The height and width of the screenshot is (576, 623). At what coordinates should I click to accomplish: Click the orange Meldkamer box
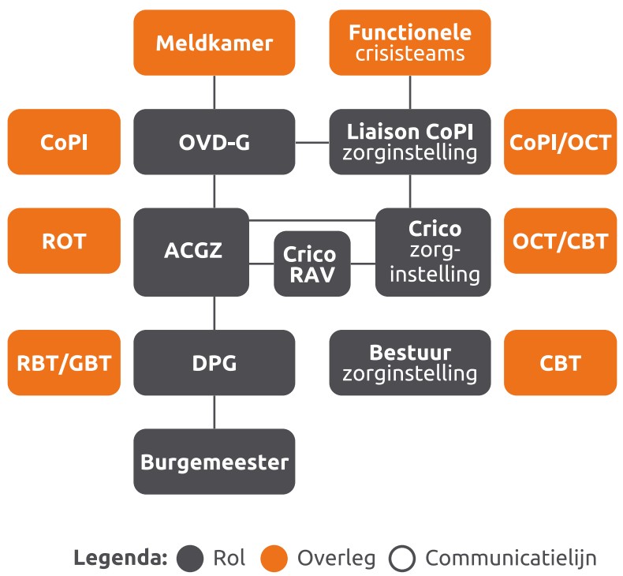[214, 42]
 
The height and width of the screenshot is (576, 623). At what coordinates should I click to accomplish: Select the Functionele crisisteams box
[409, 42]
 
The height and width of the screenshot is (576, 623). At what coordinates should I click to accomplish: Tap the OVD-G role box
[214, 142]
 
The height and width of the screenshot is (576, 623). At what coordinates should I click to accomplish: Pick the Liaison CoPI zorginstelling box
[409, 142]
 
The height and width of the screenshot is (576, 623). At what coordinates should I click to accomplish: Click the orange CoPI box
[64, 142]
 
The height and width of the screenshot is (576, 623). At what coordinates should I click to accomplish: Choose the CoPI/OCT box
[560, 142]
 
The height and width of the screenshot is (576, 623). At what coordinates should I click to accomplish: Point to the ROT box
[64, 241]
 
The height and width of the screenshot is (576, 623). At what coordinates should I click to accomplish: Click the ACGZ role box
[192, 251]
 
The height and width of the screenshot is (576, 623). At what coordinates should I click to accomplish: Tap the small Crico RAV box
[311, 264]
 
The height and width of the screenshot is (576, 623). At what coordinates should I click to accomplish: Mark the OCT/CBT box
[560, 241]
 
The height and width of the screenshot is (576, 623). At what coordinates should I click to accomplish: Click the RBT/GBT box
[64, 363]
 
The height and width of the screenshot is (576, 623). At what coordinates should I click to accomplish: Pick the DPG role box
[214, 363]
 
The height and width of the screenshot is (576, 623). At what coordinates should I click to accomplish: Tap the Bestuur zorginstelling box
[409, 363]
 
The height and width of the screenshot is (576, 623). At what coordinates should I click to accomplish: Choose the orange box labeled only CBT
[560, 363]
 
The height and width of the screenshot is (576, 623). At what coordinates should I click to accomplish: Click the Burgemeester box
[214, 462]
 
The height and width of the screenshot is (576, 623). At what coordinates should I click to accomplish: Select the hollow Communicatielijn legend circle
[402, 559]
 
